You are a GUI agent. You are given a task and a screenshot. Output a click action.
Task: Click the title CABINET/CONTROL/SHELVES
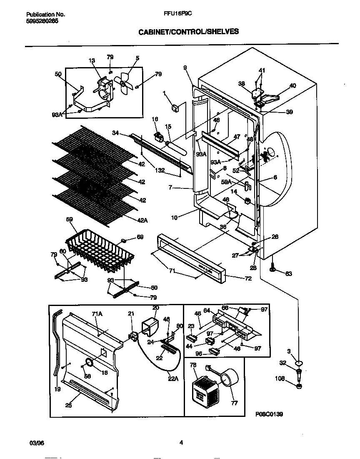click(188, 31)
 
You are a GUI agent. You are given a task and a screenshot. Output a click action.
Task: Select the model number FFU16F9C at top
click(178, 13)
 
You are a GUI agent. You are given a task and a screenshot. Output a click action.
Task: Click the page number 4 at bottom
click(181, 443)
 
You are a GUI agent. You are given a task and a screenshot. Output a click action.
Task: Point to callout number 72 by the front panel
click(248, 278)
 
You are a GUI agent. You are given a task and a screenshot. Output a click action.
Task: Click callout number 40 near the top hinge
click(292, 86)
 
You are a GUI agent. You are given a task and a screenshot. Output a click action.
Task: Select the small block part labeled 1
click(175, 108)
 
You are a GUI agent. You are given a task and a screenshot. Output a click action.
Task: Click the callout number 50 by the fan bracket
click(58, 74)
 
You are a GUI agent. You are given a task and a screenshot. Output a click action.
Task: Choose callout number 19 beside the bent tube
click(57, 389)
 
